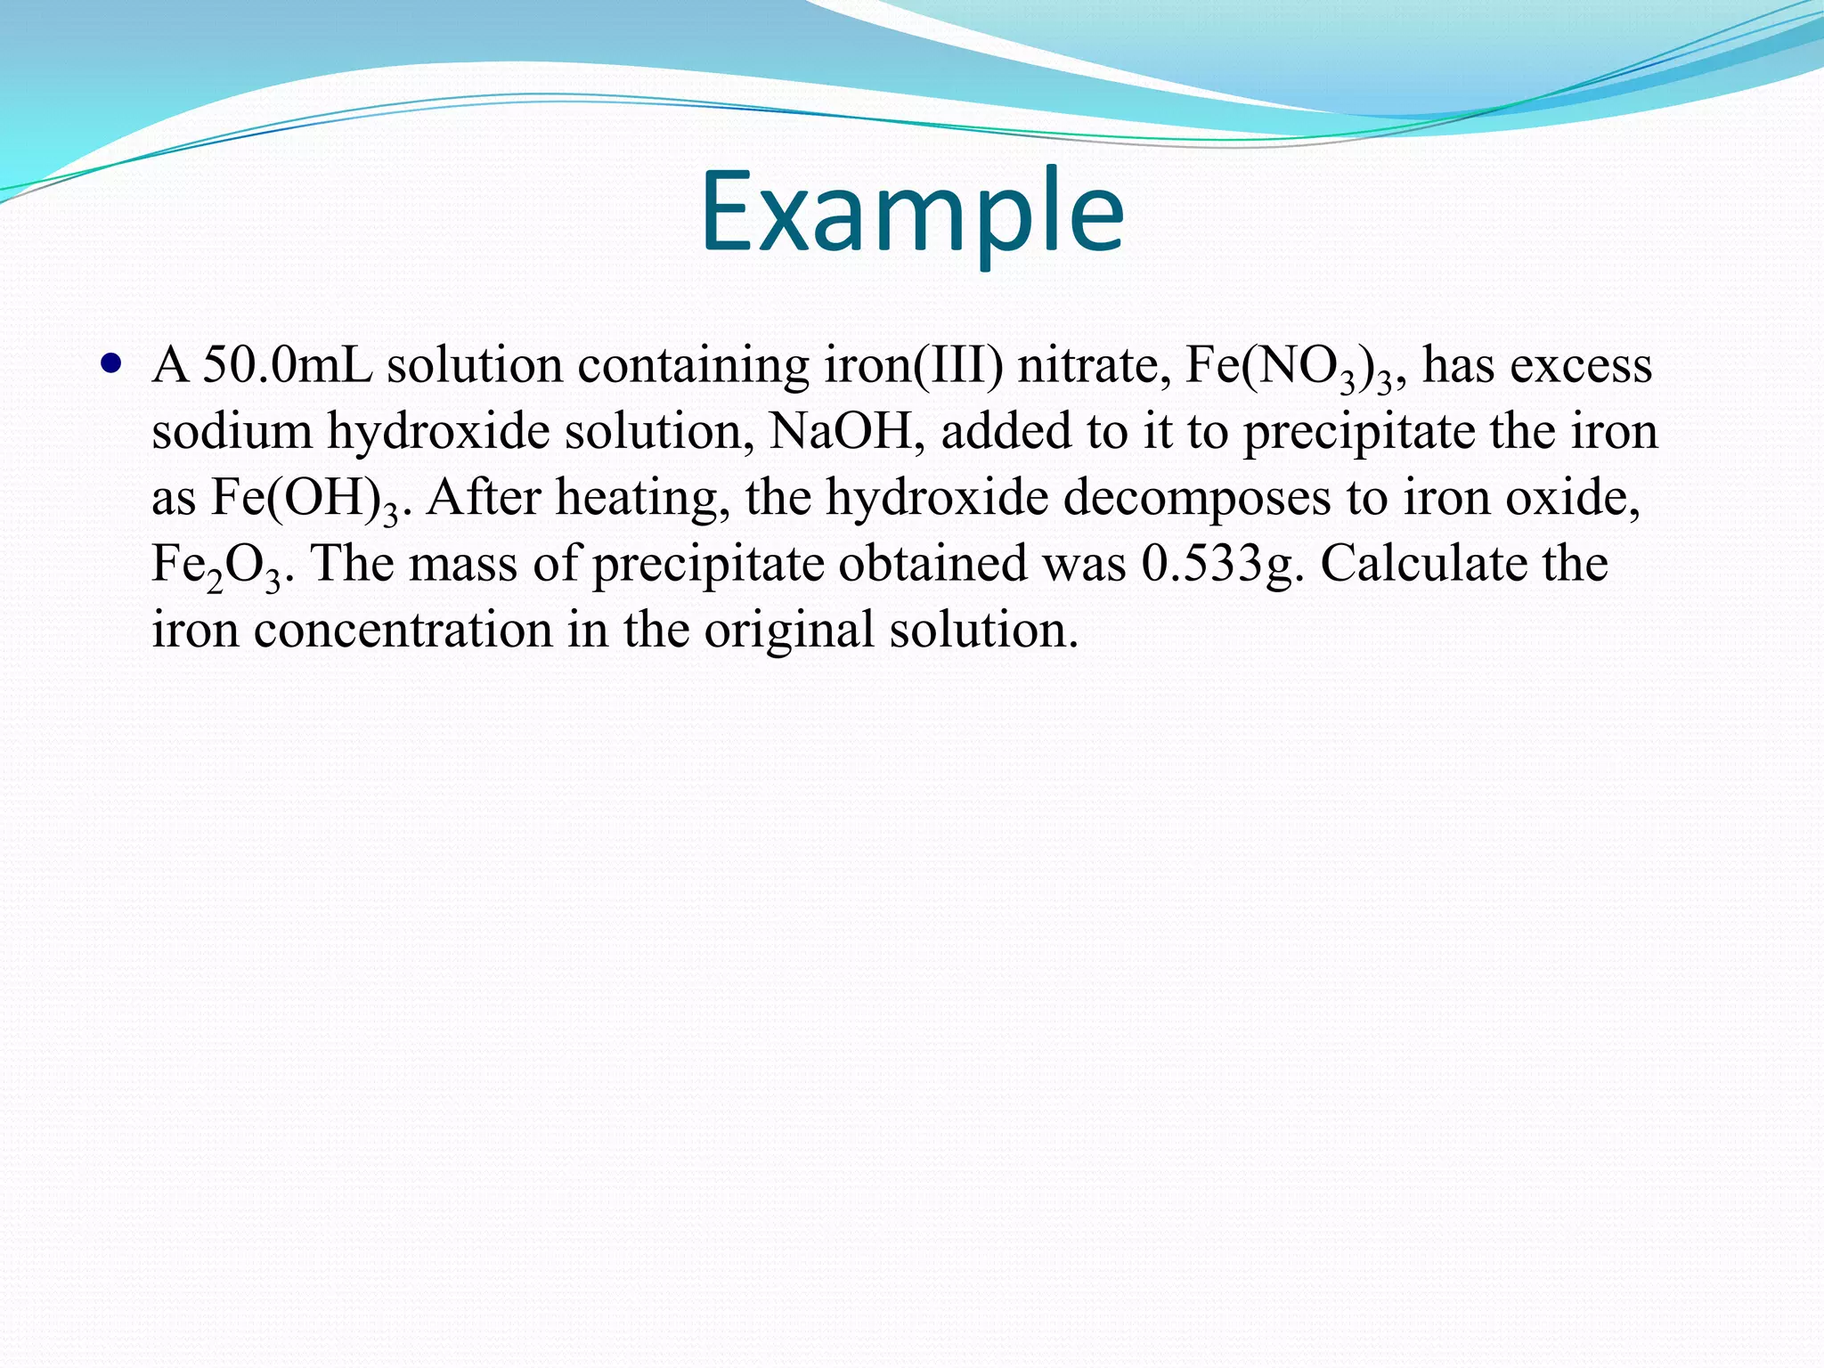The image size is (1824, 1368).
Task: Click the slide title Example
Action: click(x=912, y=212)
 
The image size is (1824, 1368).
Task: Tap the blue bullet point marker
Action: click(x=110, y=364)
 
